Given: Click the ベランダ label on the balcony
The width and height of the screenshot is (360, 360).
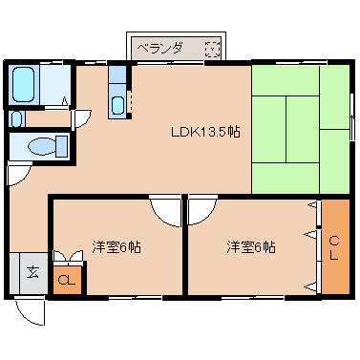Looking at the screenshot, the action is point(160,49).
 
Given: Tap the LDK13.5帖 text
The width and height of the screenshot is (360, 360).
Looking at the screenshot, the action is point(205,132).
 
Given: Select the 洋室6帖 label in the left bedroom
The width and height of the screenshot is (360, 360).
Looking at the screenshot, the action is point(116,246).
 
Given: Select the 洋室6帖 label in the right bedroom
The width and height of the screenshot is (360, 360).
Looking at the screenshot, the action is point(251,246).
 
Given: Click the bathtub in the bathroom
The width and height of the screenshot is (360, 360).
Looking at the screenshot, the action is point(23,84).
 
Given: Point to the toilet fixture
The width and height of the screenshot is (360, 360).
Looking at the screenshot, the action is point(48,146).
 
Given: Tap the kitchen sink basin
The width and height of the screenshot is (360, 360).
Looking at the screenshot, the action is point(117,105).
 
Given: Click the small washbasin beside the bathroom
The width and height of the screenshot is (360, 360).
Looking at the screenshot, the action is point(16,118).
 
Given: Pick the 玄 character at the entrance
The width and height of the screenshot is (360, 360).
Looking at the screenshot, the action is point(32,272).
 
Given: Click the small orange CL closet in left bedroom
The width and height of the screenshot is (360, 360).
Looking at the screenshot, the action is point(67,280).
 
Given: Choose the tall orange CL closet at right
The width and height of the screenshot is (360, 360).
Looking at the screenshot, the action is point(335,246).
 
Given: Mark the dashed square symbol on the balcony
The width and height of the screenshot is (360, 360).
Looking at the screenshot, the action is point(212,49).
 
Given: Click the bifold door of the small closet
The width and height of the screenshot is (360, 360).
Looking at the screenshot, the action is point(68,256).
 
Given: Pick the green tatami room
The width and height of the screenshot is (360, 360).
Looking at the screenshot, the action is point(301,130).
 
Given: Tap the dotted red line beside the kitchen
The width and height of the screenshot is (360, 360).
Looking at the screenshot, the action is point(130,101).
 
